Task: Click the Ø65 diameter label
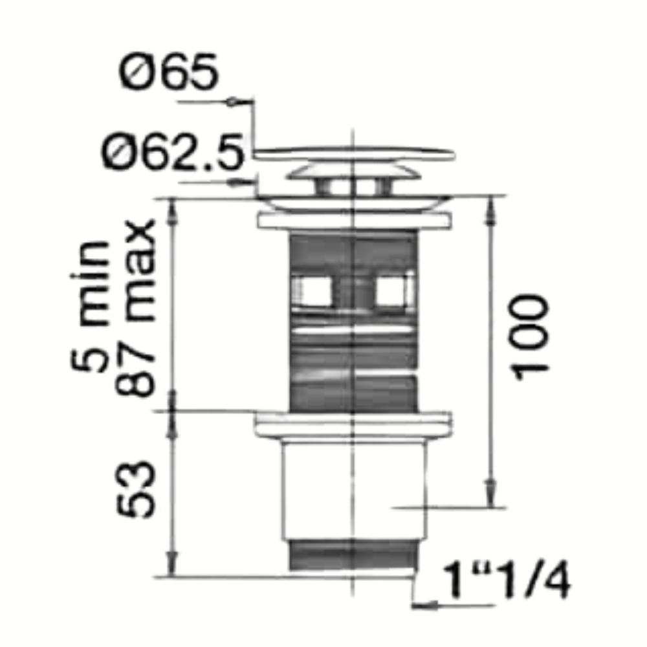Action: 168,71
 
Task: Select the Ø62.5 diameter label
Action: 173,151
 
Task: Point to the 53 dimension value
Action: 135,489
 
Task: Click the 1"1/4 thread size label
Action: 507,579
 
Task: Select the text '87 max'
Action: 135,307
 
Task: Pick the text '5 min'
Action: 89,306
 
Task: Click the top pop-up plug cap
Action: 355,154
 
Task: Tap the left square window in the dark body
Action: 313,291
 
